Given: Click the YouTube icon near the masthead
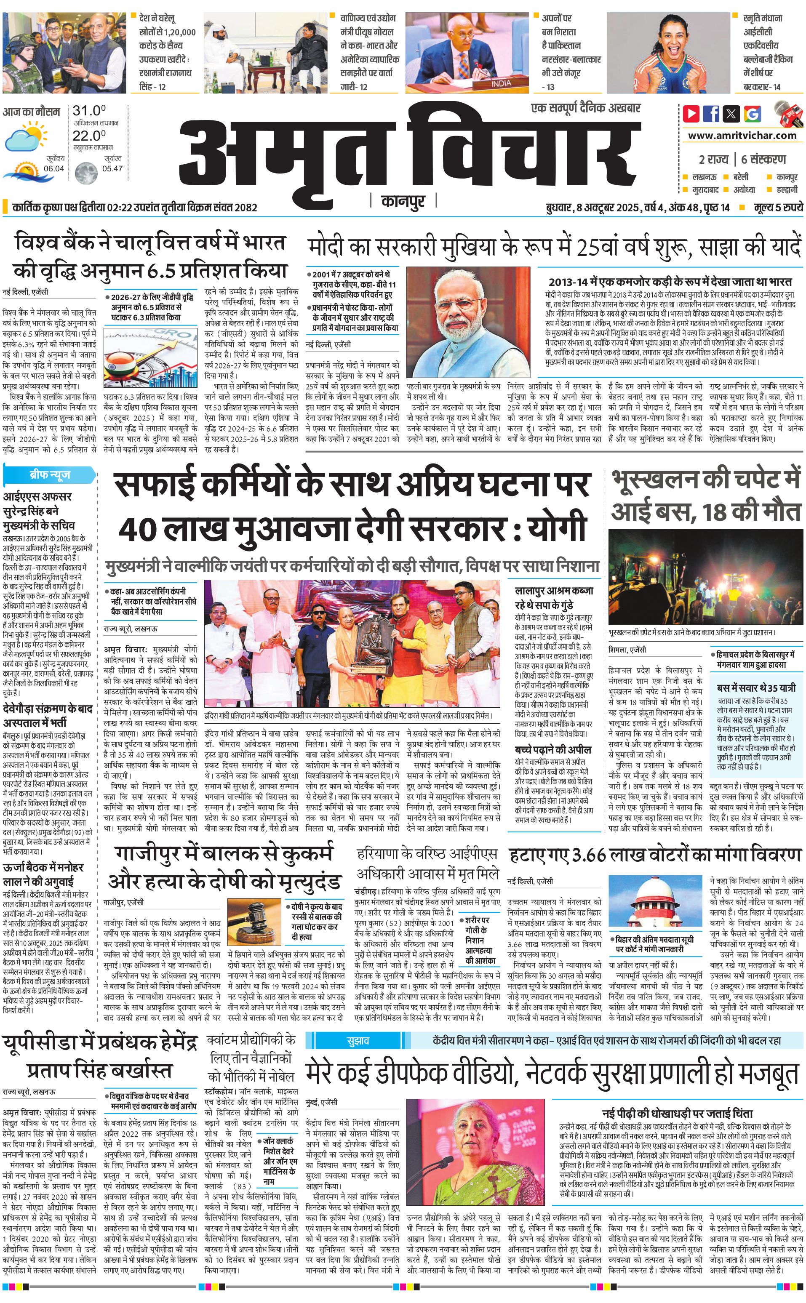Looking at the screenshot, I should click(x=691, y=114).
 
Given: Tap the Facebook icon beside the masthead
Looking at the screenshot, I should click(x=711, y=114).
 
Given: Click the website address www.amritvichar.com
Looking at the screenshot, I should click(x=742, y=136).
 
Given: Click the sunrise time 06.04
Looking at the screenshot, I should click(x=54, y=168).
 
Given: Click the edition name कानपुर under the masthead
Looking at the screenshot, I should click(x=403, y=201).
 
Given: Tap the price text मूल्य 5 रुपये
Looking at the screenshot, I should click(x=778, y=207).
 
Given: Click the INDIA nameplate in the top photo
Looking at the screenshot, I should click(x=501, y=83).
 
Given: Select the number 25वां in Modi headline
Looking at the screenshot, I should click(x=602, y=247).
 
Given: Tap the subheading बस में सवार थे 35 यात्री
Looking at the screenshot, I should click(x=756, y=687).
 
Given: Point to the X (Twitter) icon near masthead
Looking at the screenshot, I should click(x=731, y=114).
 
